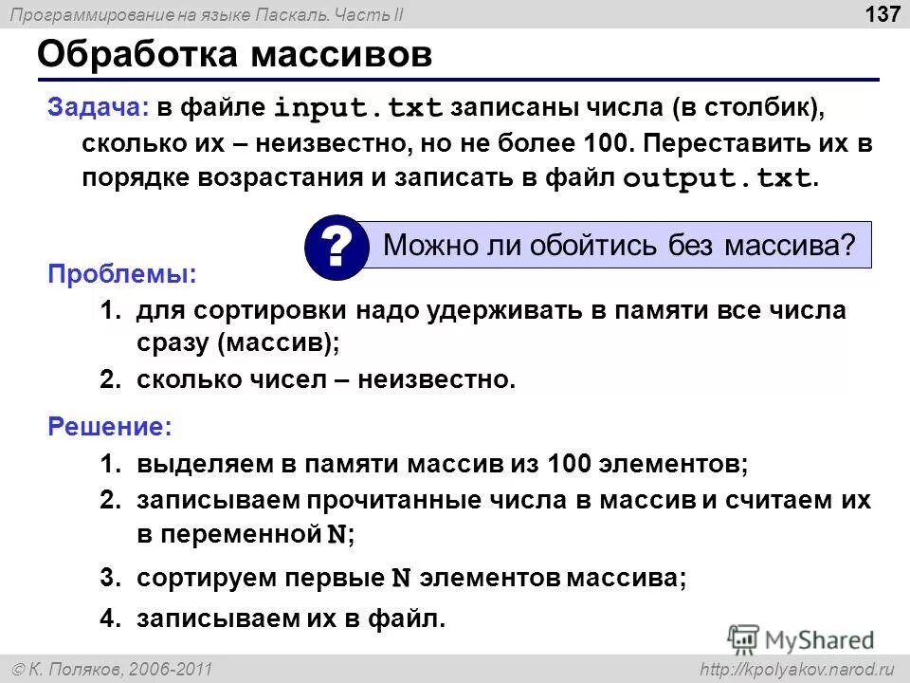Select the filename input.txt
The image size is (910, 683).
358,108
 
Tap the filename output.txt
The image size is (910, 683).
717,178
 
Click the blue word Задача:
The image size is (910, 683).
98,107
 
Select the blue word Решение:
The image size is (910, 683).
110,428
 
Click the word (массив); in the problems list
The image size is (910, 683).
278,343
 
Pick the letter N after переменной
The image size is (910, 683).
337,535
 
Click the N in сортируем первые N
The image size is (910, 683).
401,578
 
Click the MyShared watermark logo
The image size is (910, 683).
802,638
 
